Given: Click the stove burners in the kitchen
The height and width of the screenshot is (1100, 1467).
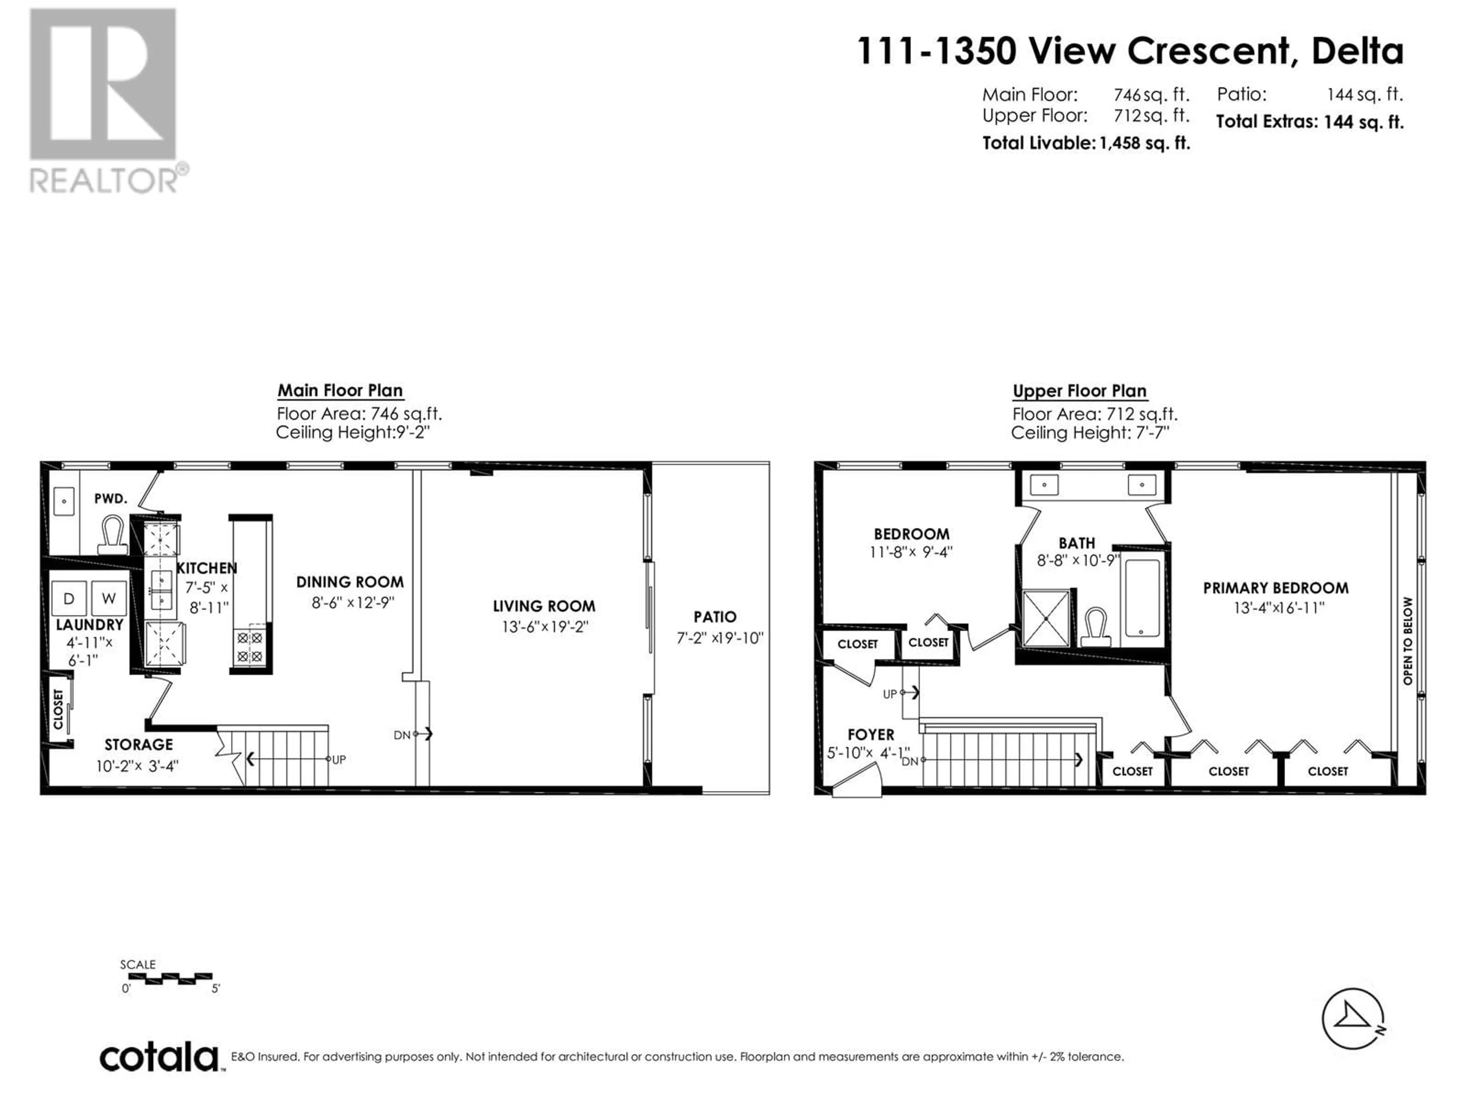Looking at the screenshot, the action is point(250,648).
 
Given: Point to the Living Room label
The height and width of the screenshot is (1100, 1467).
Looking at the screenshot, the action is point(544,606).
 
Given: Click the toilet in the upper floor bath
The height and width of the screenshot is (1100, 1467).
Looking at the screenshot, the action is point(1096,627).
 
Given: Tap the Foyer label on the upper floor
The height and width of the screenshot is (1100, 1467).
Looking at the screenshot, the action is point(871,734).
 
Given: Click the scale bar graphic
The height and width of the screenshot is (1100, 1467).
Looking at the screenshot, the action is point(179,977).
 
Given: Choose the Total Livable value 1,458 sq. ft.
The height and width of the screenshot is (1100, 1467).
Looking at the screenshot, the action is point(1145,143).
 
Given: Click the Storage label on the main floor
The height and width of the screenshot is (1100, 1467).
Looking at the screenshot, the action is point(139,745).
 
